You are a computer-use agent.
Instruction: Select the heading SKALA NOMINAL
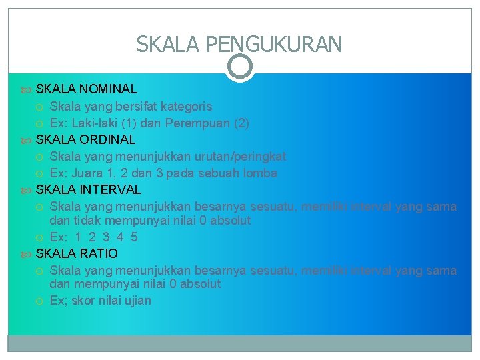click(86, 89)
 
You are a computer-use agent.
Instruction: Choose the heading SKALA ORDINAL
click(85, 140)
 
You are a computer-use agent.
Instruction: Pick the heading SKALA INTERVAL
click(88, 190)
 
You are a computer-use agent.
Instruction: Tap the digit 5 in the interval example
click(134, 237)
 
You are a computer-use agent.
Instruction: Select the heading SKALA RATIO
click(77, 254)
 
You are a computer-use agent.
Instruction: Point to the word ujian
click(137, 301)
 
